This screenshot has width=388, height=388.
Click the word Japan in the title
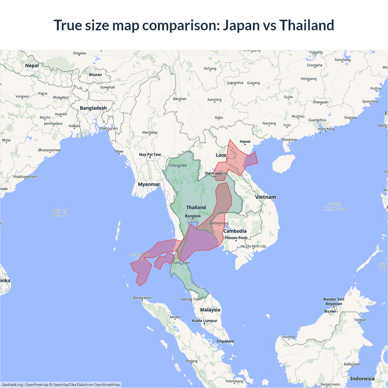pos(241,25)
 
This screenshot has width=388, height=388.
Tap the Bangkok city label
pos(193,216)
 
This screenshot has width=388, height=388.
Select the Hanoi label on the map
pos(245,142)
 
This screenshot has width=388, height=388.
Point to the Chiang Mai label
pos(178,166)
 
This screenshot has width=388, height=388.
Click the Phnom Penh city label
pos(236,238)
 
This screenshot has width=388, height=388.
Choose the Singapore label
pos(225,341)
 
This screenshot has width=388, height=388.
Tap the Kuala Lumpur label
pos(204,321)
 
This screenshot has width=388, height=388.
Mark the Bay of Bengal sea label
pos(59,212)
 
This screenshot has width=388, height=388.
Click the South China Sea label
pos(334,206)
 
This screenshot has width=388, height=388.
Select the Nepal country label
pos(32,65)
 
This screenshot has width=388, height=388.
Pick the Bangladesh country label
pos(93,108)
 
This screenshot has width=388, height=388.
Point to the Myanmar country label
pos(149,184)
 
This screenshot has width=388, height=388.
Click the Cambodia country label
pos(235,231)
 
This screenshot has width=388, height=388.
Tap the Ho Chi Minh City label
pos(253,246)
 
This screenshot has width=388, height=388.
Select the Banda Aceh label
pos(142,298)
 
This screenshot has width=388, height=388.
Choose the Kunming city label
pos(214,100)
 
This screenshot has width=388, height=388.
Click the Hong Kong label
pos(326,129)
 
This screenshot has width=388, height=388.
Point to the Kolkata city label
pos(74,126)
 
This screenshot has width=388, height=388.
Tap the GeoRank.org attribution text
pos(12,385)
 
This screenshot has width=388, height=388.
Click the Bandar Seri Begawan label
pos(334,301)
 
